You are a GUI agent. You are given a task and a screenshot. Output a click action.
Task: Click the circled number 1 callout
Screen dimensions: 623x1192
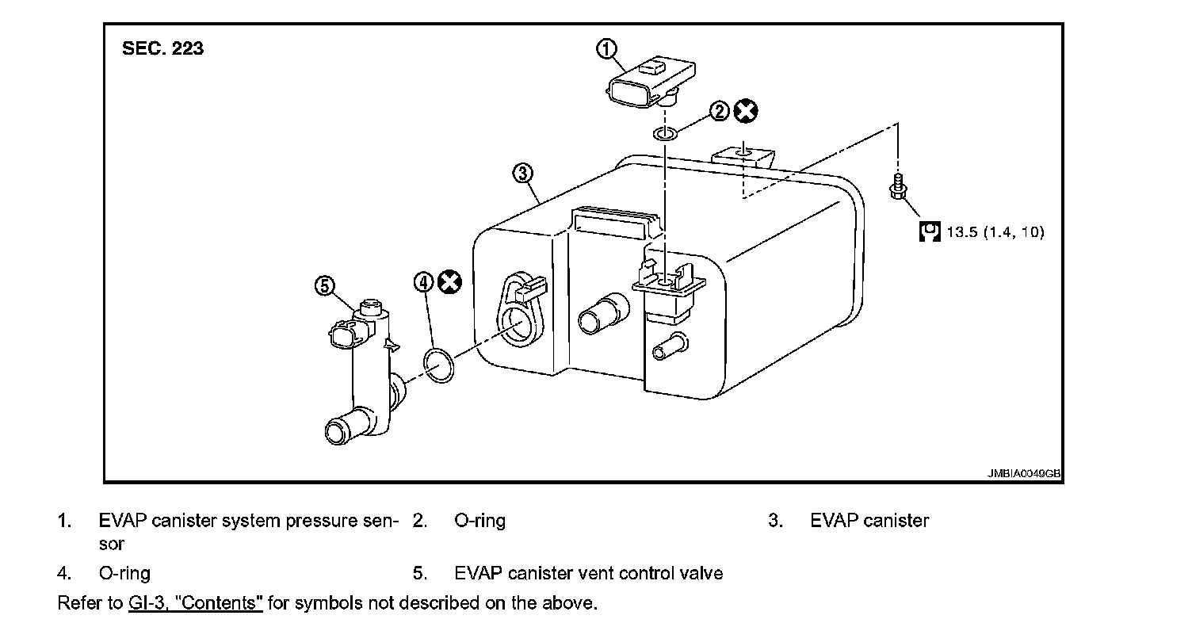click(x=606, y=49)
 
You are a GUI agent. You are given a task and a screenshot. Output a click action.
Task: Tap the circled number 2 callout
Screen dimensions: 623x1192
click(x=718, y=111)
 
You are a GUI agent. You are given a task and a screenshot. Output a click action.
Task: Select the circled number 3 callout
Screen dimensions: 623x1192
click(x=522, y=173)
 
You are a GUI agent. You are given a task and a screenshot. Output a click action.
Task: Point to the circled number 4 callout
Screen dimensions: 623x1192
click(x=425, y=281)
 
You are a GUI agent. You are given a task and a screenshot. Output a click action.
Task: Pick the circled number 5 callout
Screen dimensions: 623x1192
click(x=324, y=285)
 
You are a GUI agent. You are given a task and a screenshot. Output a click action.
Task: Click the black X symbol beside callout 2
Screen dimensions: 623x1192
click(x=744, y=111)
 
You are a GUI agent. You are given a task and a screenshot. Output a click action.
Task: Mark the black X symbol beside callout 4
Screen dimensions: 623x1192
click(x=450, y=281)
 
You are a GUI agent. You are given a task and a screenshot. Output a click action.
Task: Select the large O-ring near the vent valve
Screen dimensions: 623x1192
click(x=439, y=364)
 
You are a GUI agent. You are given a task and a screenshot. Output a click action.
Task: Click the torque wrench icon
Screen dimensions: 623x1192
click(x=929, y=231)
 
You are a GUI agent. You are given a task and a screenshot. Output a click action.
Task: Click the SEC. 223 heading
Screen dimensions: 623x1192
click(x=162, y=48)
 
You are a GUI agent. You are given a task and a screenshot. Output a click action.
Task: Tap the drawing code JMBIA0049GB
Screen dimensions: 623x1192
click(x=1023, y=473)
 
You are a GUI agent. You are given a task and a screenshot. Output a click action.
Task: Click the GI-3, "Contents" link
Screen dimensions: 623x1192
click(x=195, y=602)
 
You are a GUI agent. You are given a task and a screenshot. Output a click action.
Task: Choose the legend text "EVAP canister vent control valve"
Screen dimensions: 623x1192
click(x=588, y=572)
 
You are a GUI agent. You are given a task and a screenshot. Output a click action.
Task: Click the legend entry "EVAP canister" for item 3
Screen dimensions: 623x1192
click(x=869, y=521)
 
